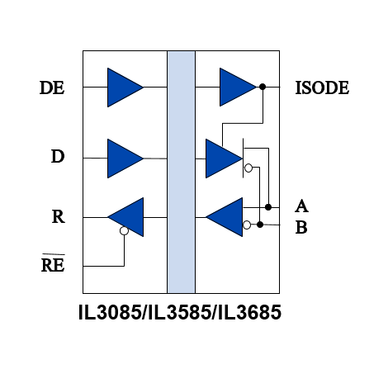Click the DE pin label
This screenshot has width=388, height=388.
[x=52, y=88]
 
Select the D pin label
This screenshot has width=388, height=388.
[x=58, y=156]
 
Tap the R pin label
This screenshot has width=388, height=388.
[x=59, y=216]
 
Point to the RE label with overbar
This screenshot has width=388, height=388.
[x=53, y=263]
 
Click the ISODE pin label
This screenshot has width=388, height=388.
[x=322, y=88]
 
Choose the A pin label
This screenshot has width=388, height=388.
[x=301, y=206]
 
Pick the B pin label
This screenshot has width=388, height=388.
[x=301, y=228]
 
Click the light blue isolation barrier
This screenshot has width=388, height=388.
[x=182, y=172]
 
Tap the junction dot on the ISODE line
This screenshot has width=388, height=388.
[x=263, y=87]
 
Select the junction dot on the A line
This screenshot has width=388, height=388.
[x=268, y=207]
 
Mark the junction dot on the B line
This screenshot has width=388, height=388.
[x=260, y=225]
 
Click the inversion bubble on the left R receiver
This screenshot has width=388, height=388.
[x=124, y=230]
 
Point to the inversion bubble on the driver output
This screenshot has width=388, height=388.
[x=248, y=168]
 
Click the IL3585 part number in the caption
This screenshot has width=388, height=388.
[x=180, y=312]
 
